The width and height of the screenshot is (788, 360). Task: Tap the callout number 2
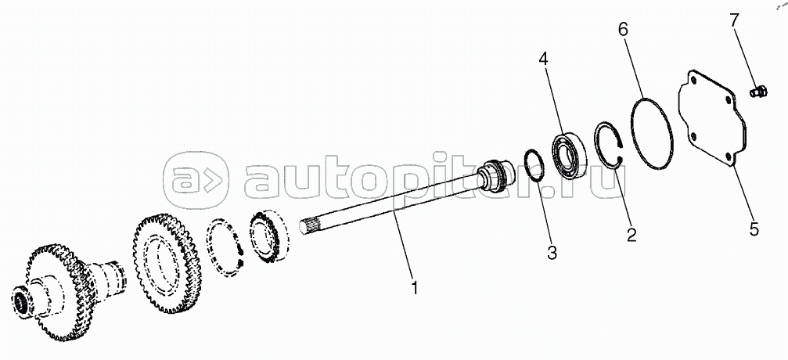(631, 233)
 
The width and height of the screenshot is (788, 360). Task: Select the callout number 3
(552, 252)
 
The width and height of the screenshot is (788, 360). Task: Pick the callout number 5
(753, 229)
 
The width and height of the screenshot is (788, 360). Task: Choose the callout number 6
(623, 29)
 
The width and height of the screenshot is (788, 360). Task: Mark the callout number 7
(734, 21)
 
